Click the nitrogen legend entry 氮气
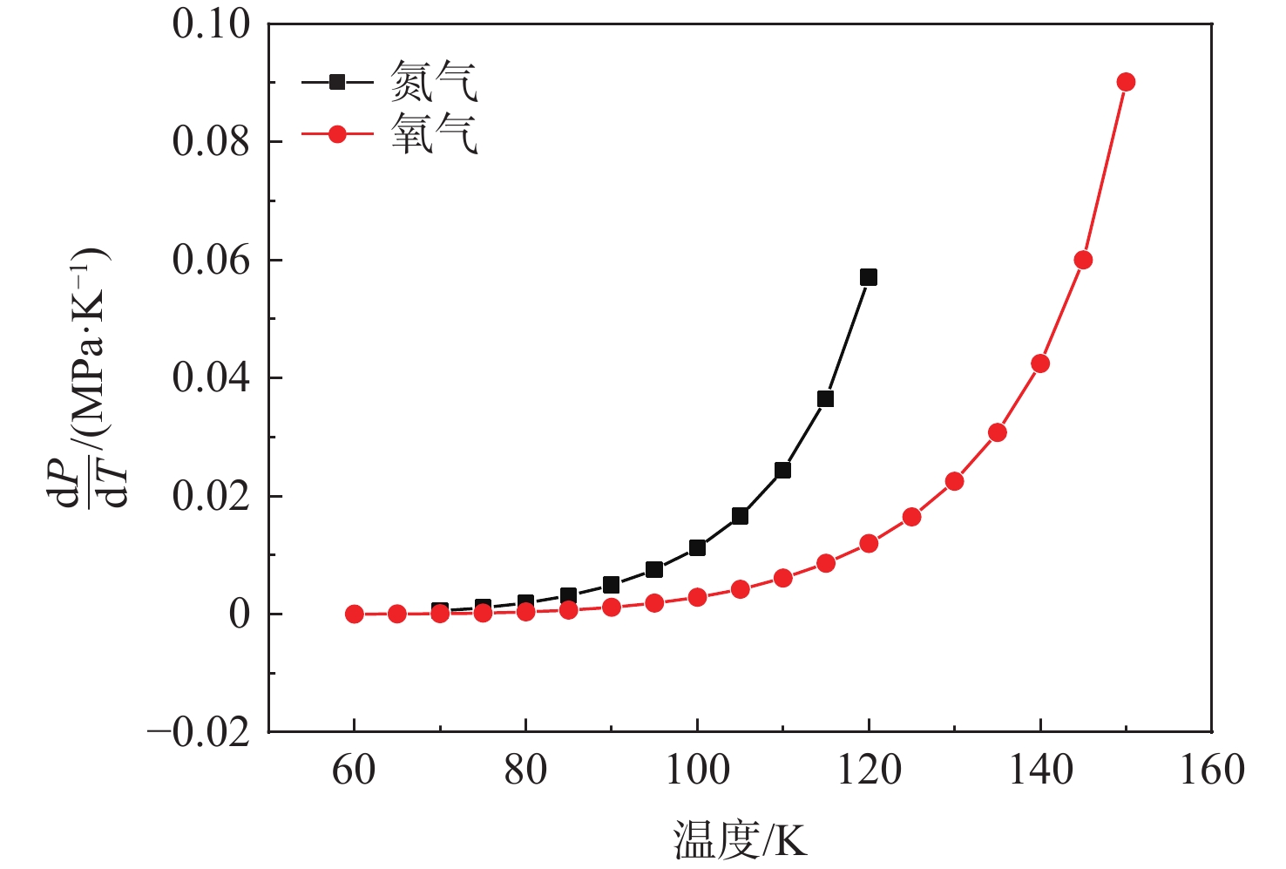(433, 83)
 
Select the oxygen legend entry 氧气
(433, 134)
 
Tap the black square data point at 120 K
(868, 277)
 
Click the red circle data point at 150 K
(1126, 82)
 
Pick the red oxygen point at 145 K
(1083, 260)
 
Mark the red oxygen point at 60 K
(355, 614)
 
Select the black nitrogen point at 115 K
(825, 399)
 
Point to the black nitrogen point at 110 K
(782, 470)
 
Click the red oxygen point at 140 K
(1040, 363)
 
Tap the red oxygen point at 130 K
(954, 481)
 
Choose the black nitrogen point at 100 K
(697, 547)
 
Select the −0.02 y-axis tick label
(199, 732)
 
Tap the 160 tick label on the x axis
(1211, 771)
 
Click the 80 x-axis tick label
(525, 771)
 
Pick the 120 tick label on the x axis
(869, 771)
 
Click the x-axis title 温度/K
(740, 840)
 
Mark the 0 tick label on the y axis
(239, 614)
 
